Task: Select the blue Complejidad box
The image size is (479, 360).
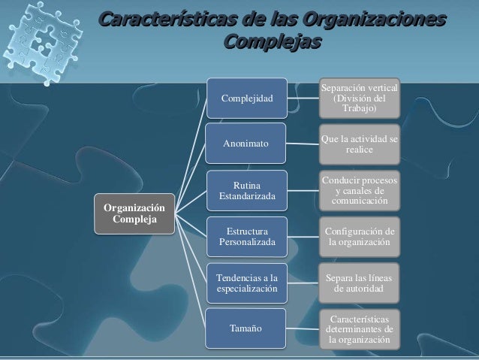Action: point(247,98)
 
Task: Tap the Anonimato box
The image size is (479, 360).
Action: point(247,144)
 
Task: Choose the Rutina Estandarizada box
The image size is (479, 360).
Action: point(247,190)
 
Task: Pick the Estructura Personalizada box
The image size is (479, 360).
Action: point(247,236)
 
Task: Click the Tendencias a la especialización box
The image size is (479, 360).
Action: point(247,282)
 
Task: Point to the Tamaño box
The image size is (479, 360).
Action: point(247,328)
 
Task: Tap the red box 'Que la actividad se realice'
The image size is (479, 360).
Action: point(360,144)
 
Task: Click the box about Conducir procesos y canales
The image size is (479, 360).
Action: point(360,191)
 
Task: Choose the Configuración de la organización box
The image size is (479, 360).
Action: point(360,236)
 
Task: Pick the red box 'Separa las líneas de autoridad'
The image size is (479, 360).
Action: point(360,283)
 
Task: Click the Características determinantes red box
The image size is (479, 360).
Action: point(360,329)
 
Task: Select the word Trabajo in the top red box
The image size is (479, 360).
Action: point(360,110)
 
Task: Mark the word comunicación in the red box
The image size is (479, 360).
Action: point(360,201)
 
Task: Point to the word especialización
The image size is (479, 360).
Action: point(247,289)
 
